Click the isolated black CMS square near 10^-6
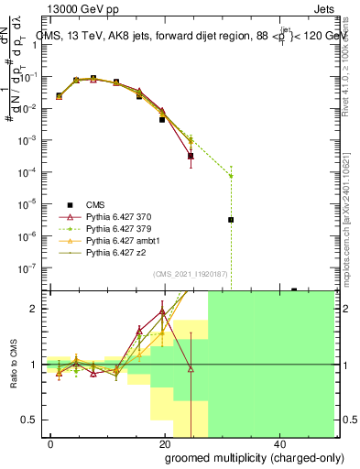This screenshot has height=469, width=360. tap(231, 220)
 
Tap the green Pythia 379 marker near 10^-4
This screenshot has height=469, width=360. tap(231, 176)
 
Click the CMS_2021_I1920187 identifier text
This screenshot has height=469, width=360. tap(191, 274)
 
